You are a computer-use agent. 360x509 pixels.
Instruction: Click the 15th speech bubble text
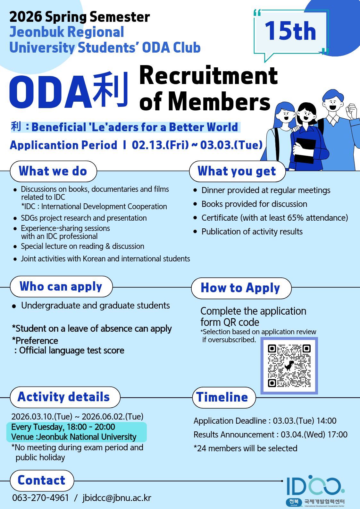click(290, 31)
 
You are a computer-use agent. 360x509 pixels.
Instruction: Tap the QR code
click(289, 366)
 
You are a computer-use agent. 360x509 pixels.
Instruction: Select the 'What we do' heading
click(53, 171)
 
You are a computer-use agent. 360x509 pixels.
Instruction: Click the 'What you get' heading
click(237, 171)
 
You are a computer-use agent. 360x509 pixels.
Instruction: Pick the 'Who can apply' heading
click(61, 286)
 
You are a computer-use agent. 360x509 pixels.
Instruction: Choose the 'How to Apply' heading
click(240, 288)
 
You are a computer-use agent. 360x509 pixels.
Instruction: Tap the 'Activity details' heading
click(64, 397)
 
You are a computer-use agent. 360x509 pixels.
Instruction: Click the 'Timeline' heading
click(222, 397)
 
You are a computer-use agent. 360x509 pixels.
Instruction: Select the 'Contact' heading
click(41, 480)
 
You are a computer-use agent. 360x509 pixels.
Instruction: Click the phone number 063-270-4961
click(41, 498)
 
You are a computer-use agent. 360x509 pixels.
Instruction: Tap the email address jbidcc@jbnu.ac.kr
click(117, 498)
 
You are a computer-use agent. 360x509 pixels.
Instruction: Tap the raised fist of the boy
click(352, 110)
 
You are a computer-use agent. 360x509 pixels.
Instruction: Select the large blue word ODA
click(50, 92)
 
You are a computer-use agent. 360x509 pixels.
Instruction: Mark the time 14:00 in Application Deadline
click(326, 421)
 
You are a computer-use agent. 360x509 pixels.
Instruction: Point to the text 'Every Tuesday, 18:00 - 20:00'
click(63, 427)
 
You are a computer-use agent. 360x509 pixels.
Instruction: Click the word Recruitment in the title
click(208, 76)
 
